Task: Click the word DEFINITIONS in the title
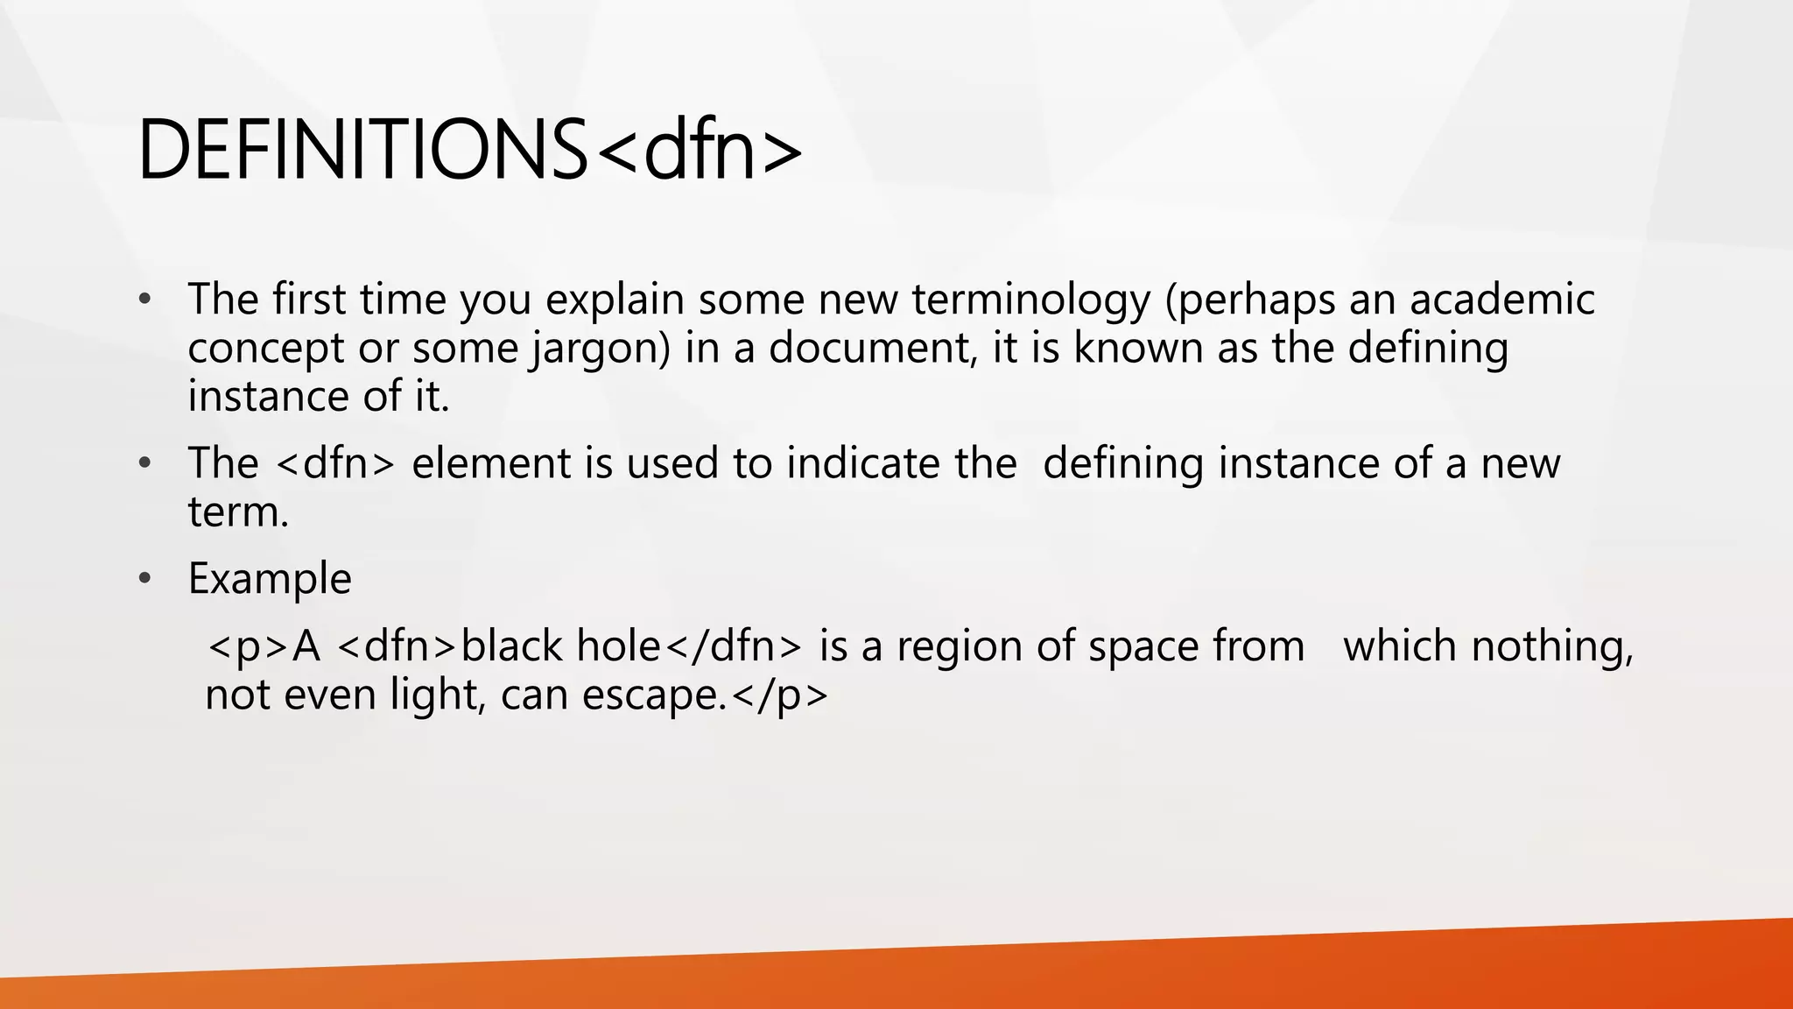tap(362, 151)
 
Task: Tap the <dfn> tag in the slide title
tap(698, 151)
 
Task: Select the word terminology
tap(1030, 300)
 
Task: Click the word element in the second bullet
tap(491, 463)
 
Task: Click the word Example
tap(270, 579)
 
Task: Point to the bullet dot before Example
tap(145, 579)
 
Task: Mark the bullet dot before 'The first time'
tap(145, 300)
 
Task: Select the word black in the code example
tap(512, 646)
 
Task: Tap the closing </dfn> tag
tap(733, 646)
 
